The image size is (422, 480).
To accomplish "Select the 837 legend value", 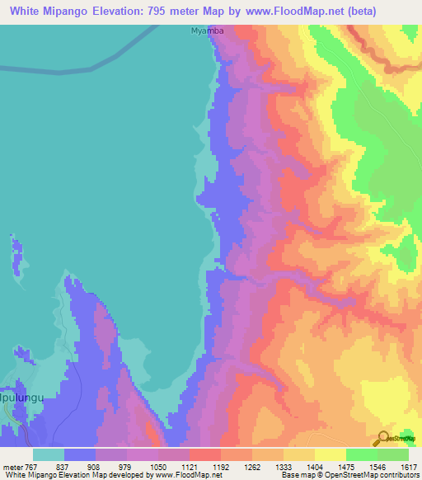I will pyautogui.click(x=63, y=466).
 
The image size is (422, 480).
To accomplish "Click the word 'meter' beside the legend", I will pyautogui.click(x=11, y=466).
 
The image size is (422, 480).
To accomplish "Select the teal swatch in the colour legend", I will pyautogui.click(x=49, y=454).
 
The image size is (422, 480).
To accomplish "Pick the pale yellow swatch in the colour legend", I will pyautogui.click(x=330, y=454).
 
